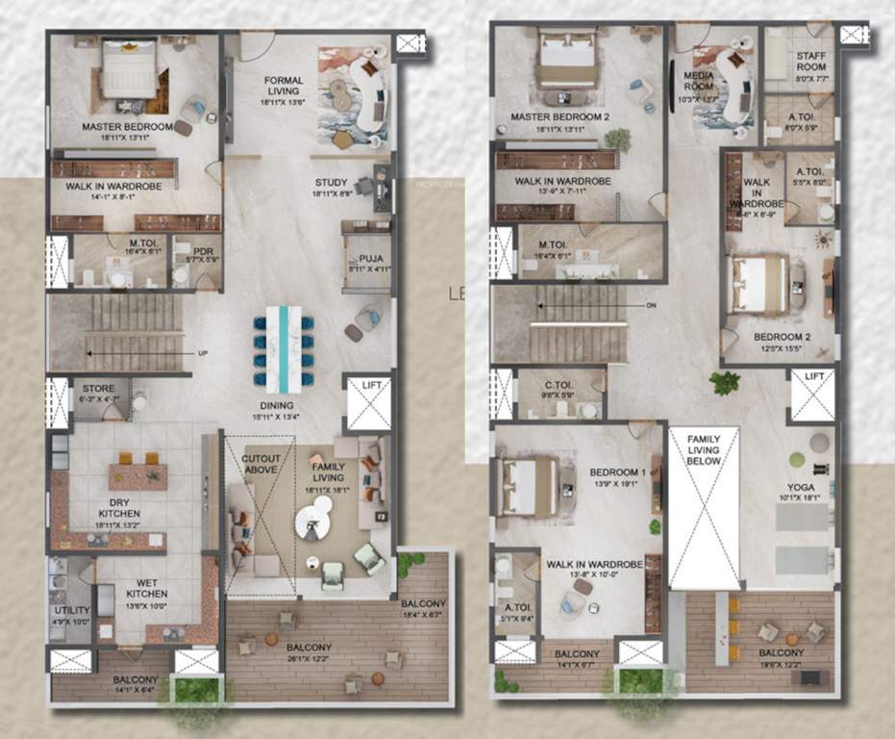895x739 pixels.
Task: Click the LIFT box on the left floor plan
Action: click(367, 401)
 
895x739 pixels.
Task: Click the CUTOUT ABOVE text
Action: click(261, 463)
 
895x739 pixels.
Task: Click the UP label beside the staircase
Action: click(203, 353)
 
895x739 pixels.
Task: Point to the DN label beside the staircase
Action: click(652, 306)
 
